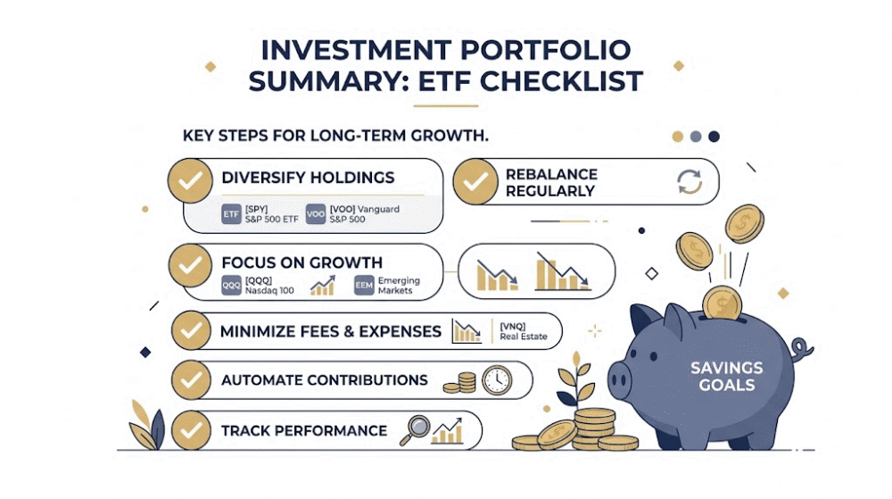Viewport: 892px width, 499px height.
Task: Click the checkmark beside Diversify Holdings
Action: click(x=190, y=180)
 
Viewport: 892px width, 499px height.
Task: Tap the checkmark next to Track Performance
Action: click(x=191, y=431)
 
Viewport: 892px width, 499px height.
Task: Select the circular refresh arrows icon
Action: click(x=690, y=181)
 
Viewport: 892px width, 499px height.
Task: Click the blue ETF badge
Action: click(x=231, y=214)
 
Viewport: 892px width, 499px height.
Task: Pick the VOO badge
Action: click(x=315, y=214)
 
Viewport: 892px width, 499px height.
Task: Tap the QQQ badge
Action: click(x=231, y=285)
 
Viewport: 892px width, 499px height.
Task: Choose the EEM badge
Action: click(x=364, y=285)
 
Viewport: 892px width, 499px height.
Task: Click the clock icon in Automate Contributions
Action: click(x=497, y=379)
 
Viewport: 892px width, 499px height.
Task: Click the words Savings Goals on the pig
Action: click(x=726, y=376)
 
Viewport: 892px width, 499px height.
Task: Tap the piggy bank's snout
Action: click(x=620, y=378)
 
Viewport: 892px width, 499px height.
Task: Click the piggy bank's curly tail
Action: click(x=801, y=349)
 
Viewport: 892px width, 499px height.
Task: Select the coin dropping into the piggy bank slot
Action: click(x=722, y=304)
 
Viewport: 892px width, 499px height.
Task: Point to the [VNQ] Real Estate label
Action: click(x=524, y=331)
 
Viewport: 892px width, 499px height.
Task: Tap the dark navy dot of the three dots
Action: click(x=714, y=137)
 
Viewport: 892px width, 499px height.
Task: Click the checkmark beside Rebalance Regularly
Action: click(x=475, y=181)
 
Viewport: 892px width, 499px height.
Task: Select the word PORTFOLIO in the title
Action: click(x=545, y=50)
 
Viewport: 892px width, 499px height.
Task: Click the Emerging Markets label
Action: click(x=399, y=285)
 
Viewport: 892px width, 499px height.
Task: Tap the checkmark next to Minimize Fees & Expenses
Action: click(x=191, y=330)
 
